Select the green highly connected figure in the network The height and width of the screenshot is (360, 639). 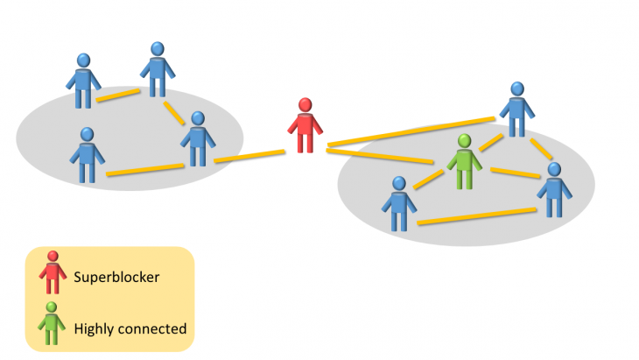(464, 165)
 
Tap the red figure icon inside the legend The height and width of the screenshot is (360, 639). (53, 273)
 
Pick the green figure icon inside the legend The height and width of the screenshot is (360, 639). (53, 324)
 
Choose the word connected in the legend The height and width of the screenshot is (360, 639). (153, 329)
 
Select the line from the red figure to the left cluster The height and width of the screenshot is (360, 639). (249, 157)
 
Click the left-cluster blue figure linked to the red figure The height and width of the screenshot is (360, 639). (198, 140)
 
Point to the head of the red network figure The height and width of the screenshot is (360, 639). (305, 106)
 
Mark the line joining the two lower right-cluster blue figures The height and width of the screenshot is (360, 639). (477, 216)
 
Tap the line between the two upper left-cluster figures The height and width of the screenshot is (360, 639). (119, 94)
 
